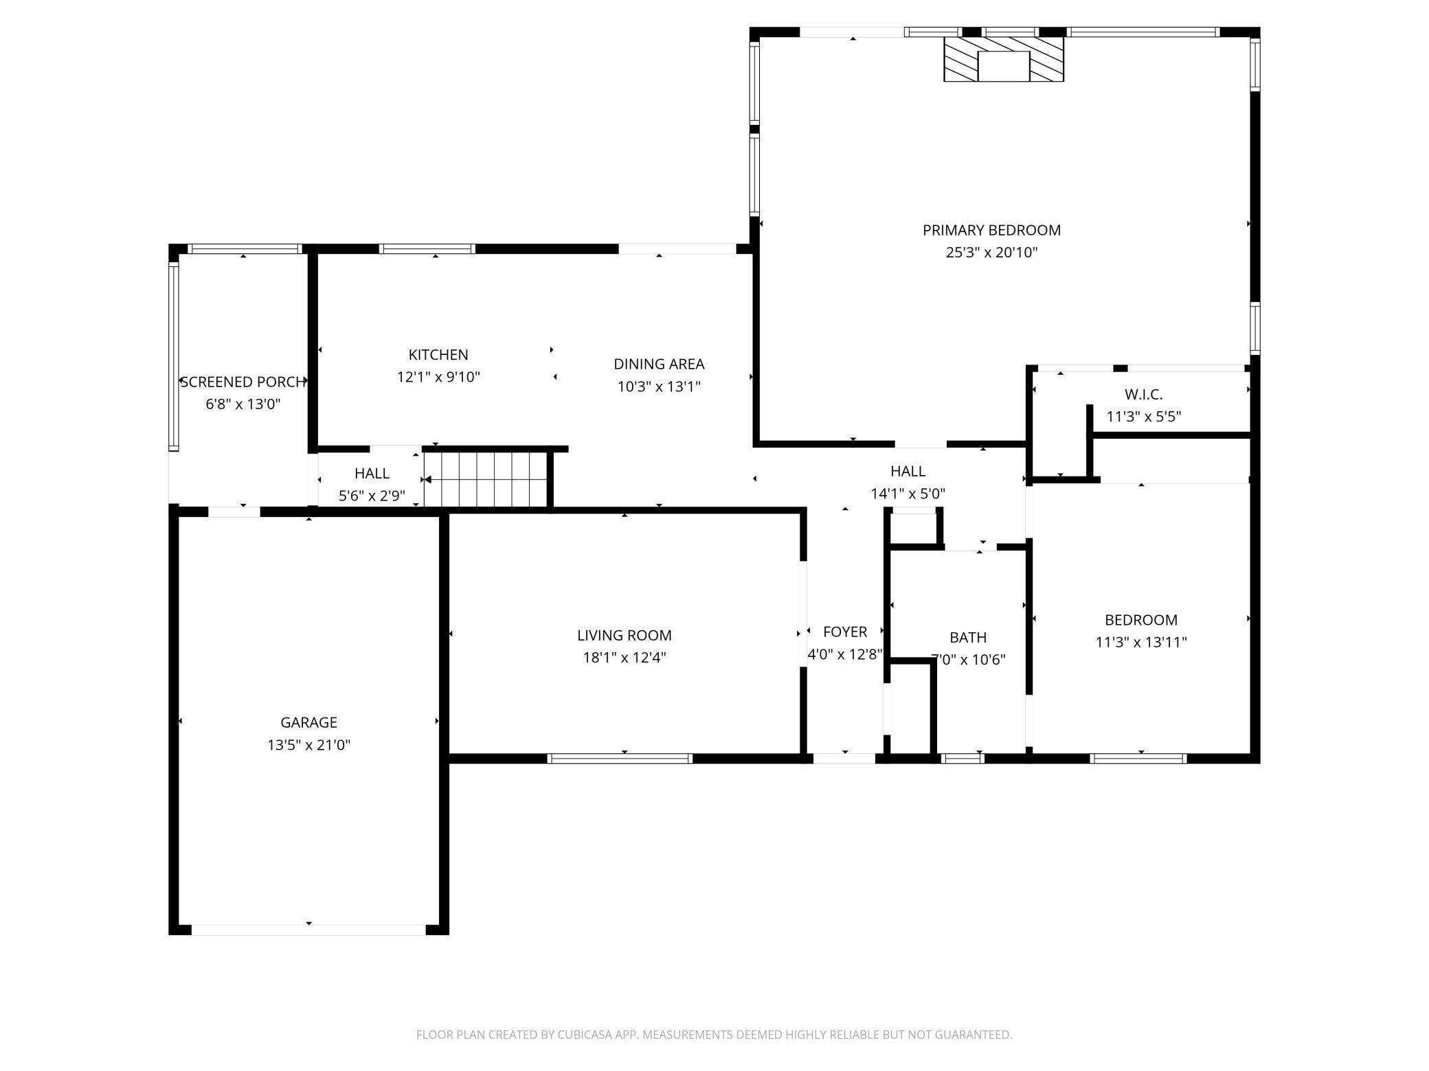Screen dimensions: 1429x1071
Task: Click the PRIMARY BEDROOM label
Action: click(991, 230)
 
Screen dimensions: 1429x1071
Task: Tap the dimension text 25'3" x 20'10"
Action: click(991, 252)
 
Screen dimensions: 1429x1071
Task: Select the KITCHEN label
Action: click(438, 355)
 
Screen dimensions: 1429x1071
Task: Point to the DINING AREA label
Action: click(659, 364)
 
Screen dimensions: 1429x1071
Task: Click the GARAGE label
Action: click(308, 722)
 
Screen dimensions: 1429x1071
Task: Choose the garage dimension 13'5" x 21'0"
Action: click(308, 745)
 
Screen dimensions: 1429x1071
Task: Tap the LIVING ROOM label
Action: click(625, 636)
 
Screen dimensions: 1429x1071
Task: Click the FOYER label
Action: click(845, 632)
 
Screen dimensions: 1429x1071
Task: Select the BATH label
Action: click(968, 638)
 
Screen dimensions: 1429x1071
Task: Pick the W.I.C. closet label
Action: click(1143, 395)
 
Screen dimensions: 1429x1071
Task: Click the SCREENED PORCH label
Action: click(243, 382)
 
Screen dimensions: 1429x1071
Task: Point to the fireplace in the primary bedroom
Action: click(1004, 59)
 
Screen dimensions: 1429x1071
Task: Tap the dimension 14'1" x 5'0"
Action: click(908, 494)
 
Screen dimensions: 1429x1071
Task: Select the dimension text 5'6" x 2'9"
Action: click(372, 496)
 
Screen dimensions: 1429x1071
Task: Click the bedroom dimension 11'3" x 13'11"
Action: click(1141, 642)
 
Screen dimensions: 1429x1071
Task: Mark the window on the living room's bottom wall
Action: click(620, 759)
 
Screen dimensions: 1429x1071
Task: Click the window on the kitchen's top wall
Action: click(427, 249)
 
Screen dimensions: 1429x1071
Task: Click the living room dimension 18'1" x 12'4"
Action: click(625, 658)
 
